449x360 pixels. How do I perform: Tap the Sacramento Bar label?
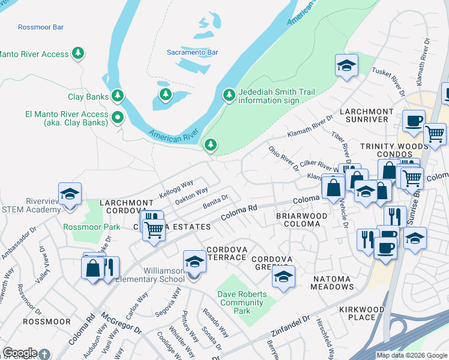tap(192, 52)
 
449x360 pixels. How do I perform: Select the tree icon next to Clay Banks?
tap(118, 96)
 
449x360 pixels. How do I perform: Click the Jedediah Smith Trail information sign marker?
tap(229, 95)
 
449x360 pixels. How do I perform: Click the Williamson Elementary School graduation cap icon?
tap(194, 262)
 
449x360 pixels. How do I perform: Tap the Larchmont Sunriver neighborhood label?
tap(366, 116)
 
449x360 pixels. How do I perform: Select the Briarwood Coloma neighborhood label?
tap(301, 220)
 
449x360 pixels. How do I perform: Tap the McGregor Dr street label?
tap(121, 322)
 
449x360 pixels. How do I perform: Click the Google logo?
tap(20, 353)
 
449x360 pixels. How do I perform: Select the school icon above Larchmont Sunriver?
tap(346, 66)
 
